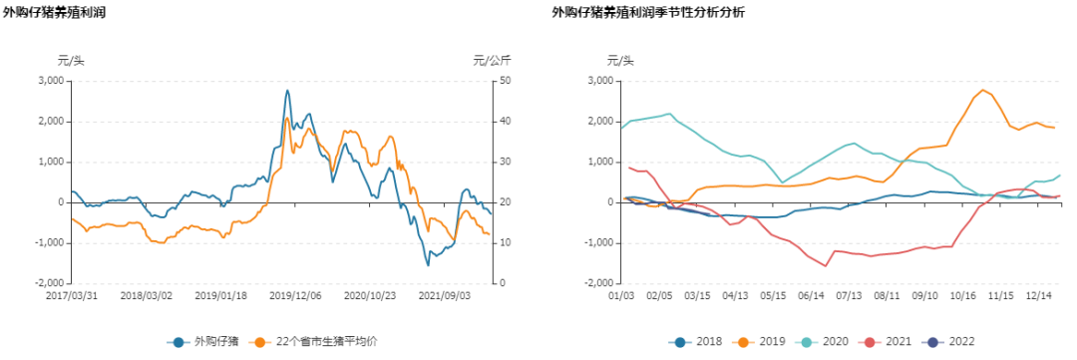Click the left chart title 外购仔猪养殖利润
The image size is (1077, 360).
click(x=55, y=13)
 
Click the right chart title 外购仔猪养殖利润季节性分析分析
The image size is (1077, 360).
click(x=647, y=13)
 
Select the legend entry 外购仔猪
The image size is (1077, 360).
click(x=208, y=342)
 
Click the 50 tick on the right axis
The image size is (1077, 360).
click(x=506, y=81)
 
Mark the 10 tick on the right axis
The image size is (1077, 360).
click(x=506, y=243)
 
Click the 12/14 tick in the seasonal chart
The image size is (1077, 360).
click(x=1040, y=296)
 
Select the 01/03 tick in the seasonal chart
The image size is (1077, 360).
click(x=621, y=296)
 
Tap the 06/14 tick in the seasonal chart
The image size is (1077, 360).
click(x=812, y=296)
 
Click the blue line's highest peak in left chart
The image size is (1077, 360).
click(x=287, y=91)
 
